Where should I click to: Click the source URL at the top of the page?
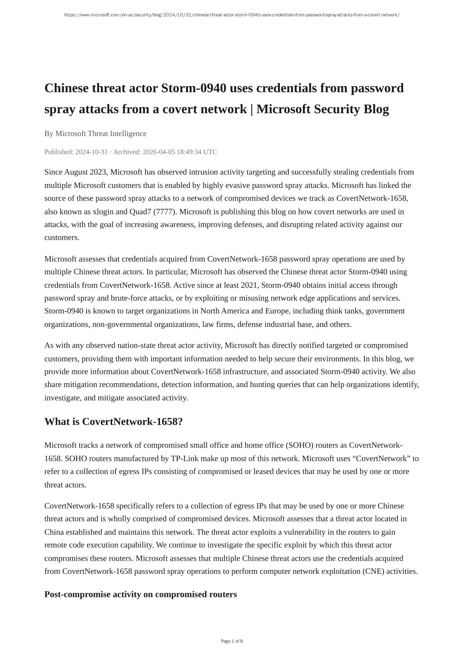[x=232, y=15]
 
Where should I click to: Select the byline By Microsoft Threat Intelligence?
[x=95, y=133]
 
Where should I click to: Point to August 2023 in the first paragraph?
[x=86, y=172]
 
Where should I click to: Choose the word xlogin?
[x=103, y=211]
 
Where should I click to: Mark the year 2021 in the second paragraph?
[x=249, y=285]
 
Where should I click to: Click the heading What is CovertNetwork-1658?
[x=114, y=421]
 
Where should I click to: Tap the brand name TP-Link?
[x=185, y=458]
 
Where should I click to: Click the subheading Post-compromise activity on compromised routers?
[x=140, y=594]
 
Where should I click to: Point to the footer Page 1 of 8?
[x=232, y=641]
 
